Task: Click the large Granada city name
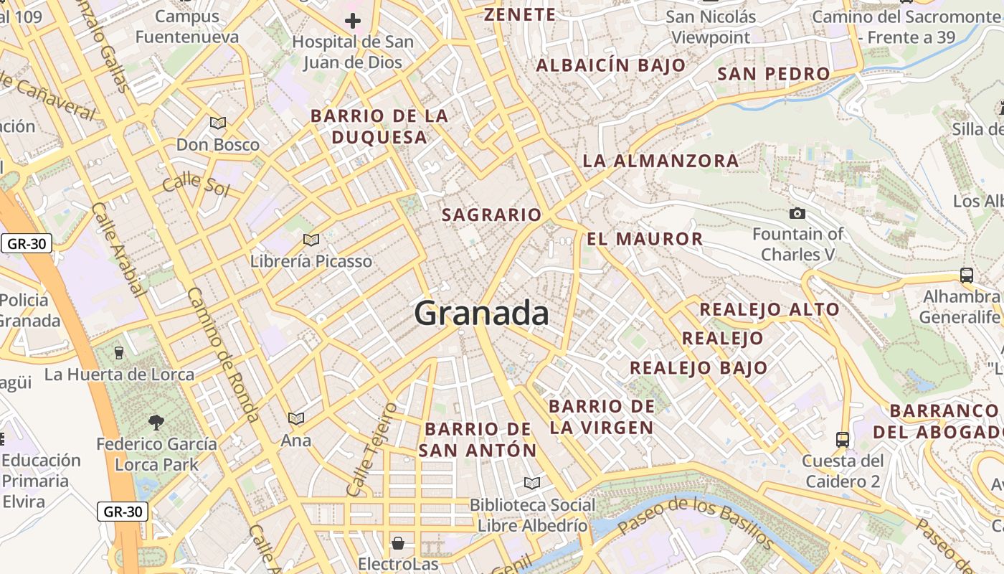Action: click(x=482, y=314)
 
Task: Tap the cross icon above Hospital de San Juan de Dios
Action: click(x=352, y=21)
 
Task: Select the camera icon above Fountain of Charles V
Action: click(x=797, y=213)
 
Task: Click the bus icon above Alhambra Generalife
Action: click(x=966, y=275)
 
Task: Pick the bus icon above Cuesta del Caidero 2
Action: click(x=843, y=439)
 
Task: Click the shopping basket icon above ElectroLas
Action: click(x=397, y=542)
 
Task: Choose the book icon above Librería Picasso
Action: click(x=311, y=240)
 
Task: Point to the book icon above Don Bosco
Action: click(x=218, y=123)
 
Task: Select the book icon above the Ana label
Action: click(x=296, y=418)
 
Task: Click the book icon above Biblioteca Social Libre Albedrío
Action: click(x=531, y=483)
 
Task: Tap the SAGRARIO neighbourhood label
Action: click(x=491, y=215)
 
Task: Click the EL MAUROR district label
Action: click(x=645, y=239)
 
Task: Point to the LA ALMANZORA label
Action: click(x=660, y=161)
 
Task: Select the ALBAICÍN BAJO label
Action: click(x=611, y=65)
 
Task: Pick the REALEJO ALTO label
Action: click(x=769, y=309)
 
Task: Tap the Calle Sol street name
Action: click(x=196, y=185)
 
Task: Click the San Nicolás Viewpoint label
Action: click(x=711, y=27)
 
